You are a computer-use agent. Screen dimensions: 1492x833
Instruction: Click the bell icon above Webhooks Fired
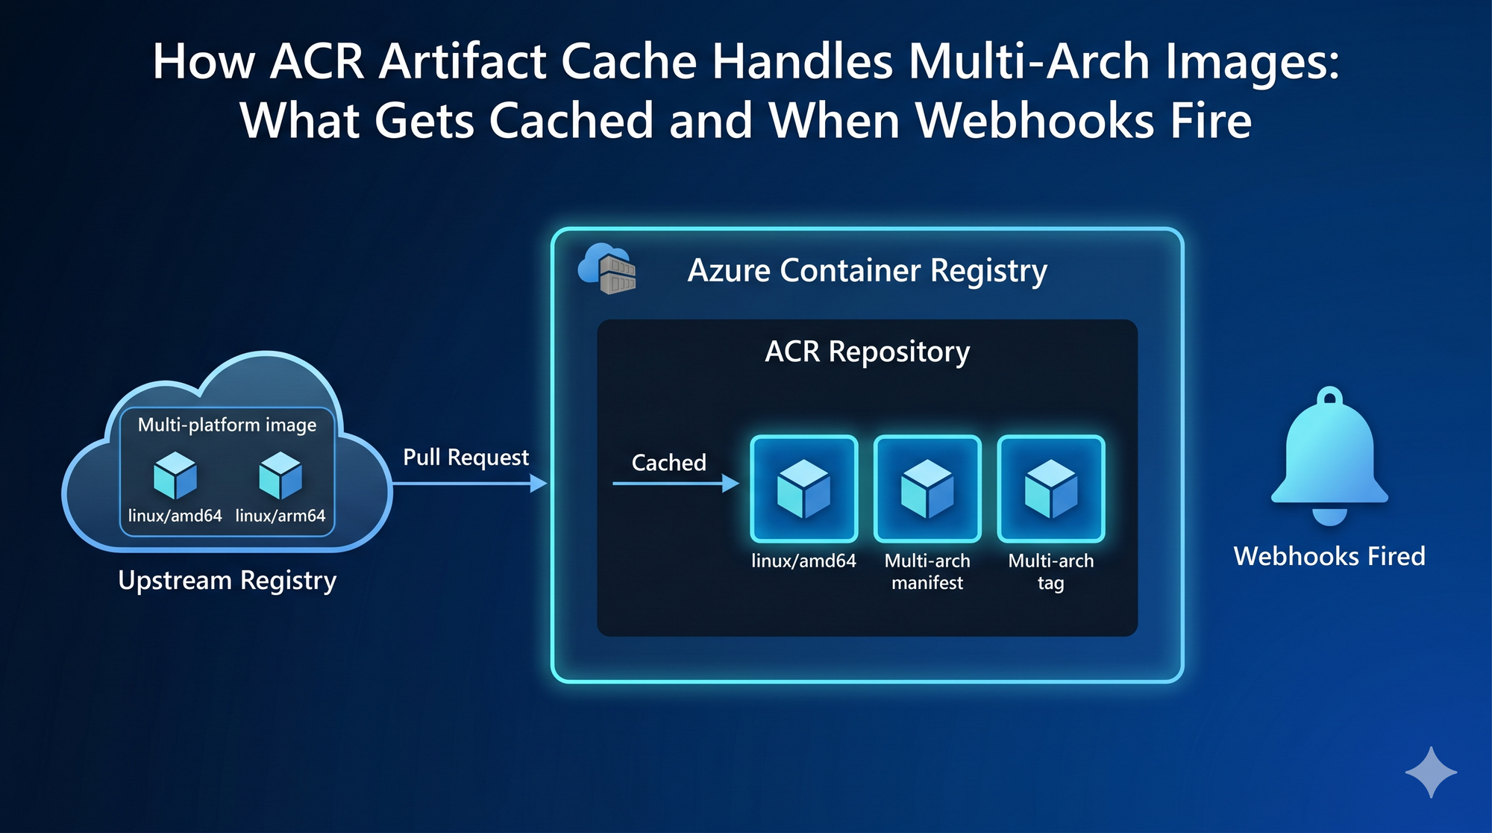1329,456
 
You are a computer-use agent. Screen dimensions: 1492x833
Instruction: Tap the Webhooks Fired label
1329,556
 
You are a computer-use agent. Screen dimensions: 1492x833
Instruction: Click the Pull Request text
466,457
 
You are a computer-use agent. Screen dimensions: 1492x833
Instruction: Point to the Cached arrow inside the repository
676,484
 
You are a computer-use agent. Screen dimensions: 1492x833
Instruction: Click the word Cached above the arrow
669,463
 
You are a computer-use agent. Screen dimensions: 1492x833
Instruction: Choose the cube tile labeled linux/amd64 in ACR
804,489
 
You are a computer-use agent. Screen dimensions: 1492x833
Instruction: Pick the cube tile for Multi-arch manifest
927,489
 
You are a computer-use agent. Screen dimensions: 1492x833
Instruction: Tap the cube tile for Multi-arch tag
1051,489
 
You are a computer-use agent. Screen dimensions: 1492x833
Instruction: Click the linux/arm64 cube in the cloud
280,475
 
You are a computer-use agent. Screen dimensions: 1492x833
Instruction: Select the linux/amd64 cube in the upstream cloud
175,475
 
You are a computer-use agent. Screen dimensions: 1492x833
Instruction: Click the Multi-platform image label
228,425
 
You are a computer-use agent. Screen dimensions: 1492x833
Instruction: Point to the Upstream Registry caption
228,581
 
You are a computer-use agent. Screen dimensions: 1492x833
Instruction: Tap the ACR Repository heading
868,352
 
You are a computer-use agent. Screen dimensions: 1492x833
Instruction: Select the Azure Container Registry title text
868,271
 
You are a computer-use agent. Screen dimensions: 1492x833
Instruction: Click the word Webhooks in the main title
1035,120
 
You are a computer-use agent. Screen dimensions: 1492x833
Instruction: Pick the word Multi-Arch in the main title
1029,60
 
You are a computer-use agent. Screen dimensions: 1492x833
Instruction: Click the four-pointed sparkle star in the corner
1431,773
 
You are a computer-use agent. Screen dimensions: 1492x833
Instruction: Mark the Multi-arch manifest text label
927,572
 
